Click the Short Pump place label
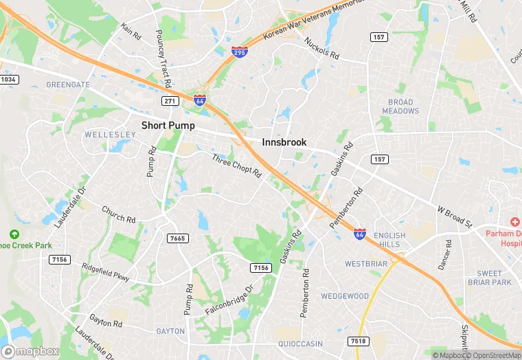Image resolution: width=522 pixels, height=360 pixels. point(168,126)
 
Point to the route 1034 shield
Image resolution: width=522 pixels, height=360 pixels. point(8,80)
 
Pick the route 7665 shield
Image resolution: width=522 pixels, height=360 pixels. point(178,238)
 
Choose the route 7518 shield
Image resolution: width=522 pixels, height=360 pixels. point(357,341)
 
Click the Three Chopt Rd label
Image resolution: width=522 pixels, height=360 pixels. point(237,166)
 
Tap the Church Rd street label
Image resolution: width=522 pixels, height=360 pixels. point(118,214)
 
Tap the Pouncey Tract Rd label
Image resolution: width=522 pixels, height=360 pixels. point(163,58)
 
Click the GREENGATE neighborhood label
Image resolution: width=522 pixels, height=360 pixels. point(68,85)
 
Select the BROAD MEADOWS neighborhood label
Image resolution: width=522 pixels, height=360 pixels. point(400,106)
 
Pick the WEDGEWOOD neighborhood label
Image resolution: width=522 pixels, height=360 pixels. point(345,296)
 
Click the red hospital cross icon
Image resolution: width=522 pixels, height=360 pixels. point(515,221)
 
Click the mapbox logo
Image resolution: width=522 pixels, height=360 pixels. point(32,351)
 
